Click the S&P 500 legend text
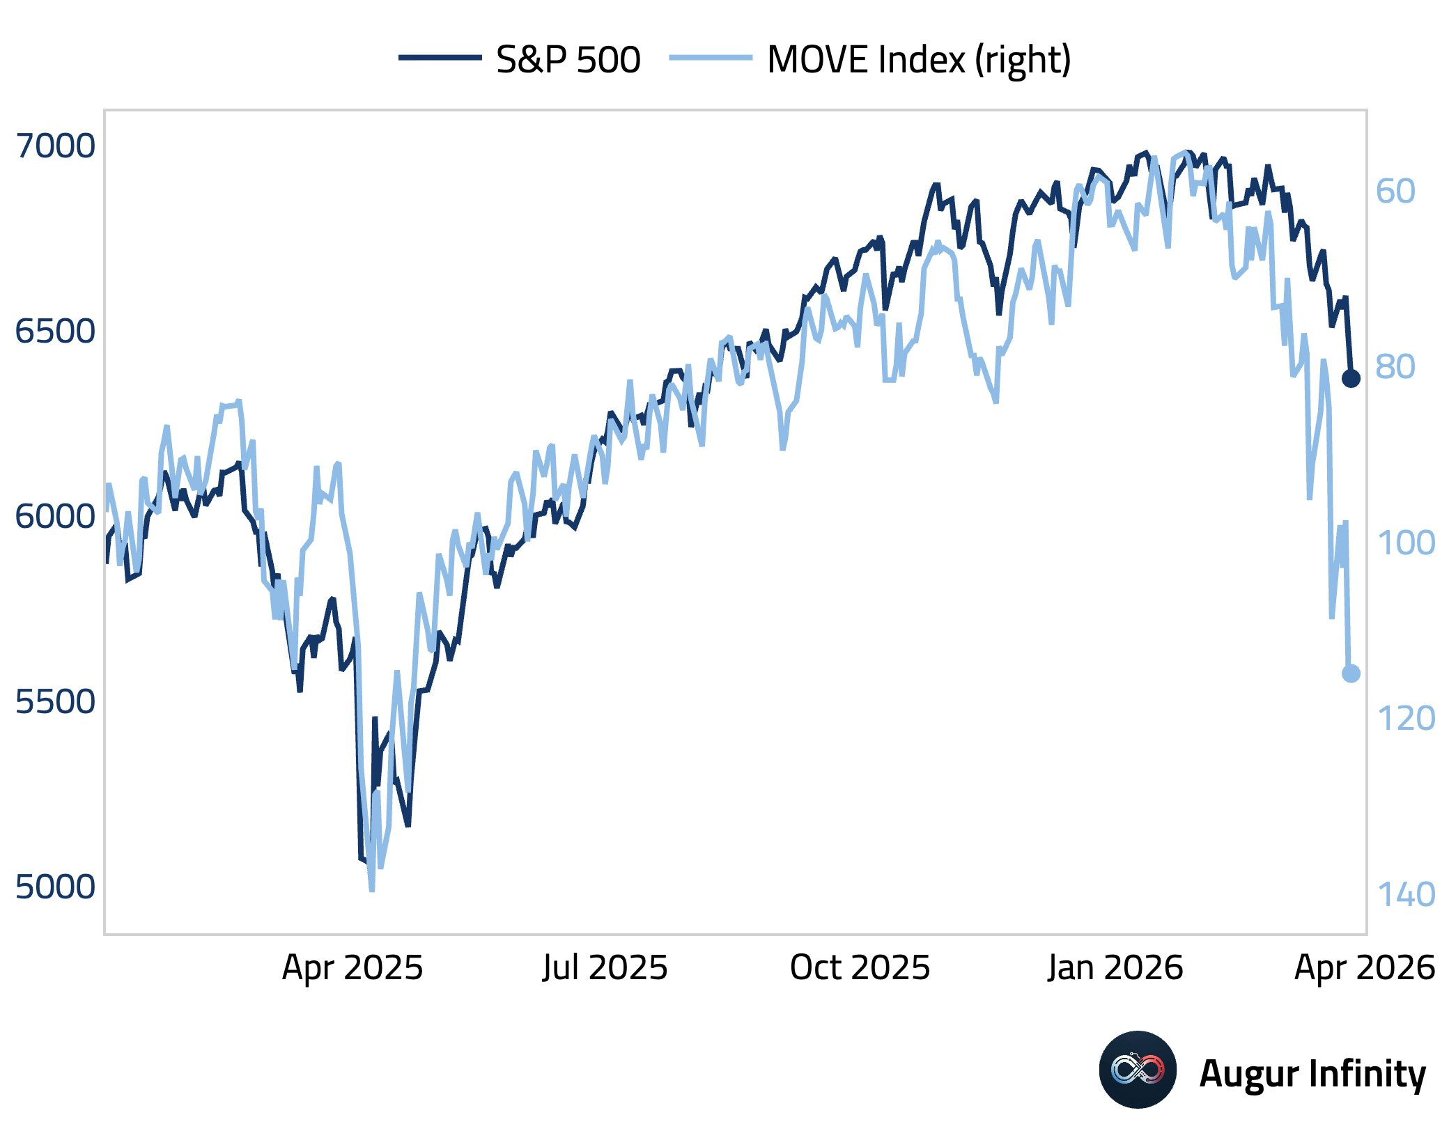568,59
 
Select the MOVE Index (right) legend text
919,59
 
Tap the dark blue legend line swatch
440,58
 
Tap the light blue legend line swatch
711,58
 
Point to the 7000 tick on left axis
55,146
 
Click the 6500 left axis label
55,331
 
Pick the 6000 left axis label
55,516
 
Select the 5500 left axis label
55,701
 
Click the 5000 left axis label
55,887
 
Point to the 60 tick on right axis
1395,191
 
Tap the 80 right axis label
1395,367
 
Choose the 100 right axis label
1406,543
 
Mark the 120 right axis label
1406,719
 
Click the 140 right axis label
1406,895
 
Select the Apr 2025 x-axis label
352,968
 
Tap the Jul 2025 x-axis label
605,968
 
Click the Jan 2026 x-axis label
1115,968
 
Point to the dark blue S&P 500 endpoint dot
1351,378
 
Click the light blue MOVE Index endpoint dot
1351,673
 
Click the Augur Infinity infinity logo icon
1138,1070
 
